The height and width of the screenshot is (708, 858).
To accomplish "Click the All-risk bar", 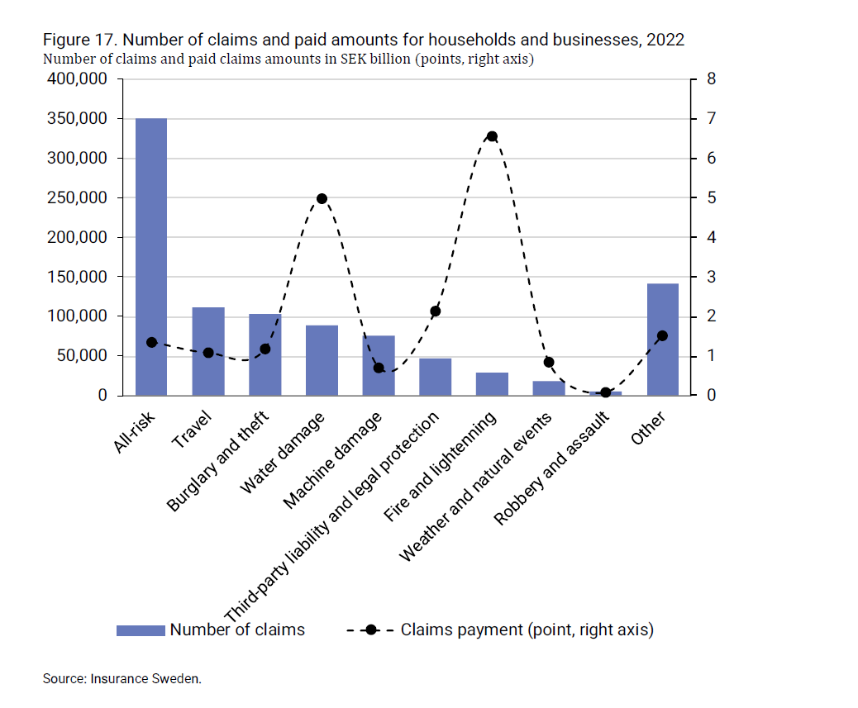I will (x=151, y=257).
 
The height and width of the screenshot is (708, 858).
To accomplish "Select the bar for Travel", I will (x=208, y=351).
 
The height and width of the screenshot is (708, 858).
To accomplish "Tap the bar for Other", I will (x=662, y=340).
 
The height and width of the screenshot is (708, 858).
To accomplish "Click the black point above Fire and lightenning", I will (x=492, y=136).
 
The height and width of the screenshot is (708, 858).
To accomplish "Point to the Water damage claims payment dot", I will (x=322, y=198).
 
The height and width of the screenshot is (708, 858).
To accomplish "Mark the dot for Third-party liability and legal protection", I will (x=436, y=311).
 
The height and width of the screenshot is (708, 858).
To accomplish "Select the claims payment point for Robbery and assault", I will (x=605, y=392).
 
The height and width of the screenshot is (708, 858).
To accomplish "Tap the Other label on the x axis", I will (x=649, y=428).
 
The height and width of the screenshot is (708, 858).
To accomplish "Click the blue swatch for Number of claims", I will (x=141, y=630).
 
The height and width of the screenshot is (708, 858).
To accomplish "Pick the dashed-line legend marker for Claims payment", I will (x=369, y=630).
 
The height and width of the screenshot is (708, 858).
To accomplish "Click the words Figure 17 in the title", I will (x=79, y=40).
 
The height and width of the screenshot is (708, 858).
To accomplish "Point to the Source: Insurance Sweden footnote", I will (x=122, y=679).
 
